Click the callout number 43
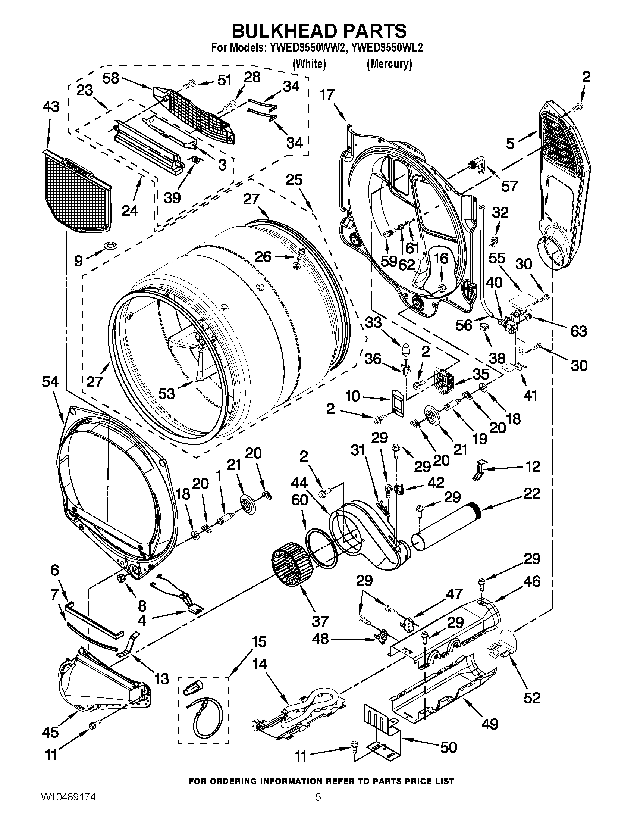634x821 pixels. pyautogui.click(x=51, y=107)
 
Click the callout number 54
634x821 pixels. pyautogui.click(x=50, y=382)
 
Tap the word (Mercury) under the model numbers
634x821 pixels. pyautogui.click(x=389, y=64)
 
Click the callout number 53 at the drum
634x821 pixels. pyautogui.click(x=166, y=394)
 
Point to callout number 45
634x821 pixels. pyautogui.click(x=51, y=732)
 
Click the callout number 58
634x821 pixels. pyautogui.click(x=111, y=78)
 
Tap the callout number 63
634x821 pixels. pyautogui.click(x=578, y=331)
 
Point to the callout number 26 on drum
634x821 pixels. pyautogui.click(x=263, y=257)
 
